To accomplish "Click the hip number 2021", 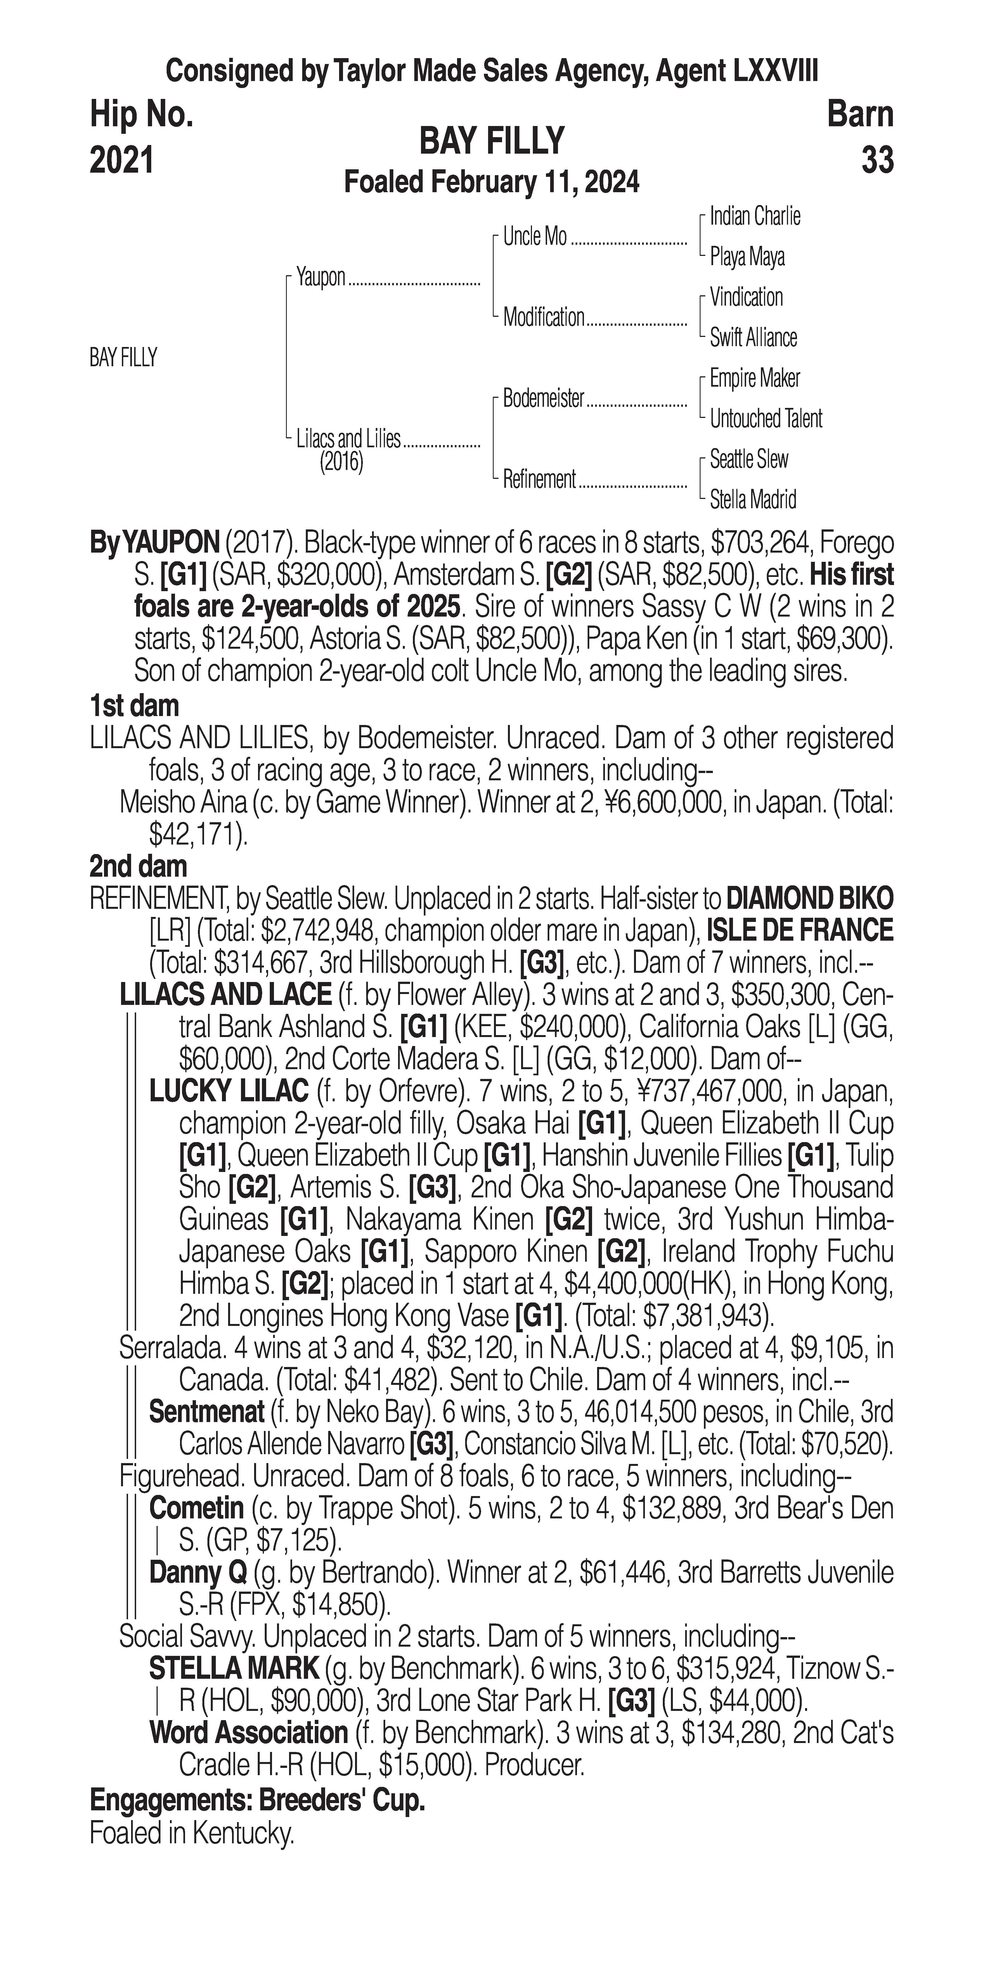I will pyautogui.click(x=122, y=161).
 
